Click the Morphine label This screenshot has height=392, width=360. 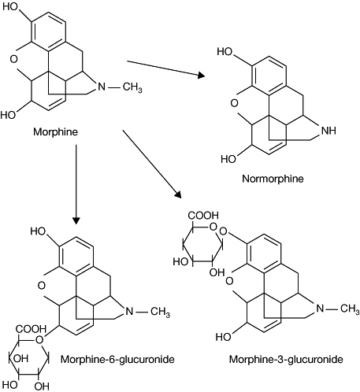click(x=55, y=131)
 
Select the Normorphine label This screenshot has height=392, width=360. click(x=273, y=179)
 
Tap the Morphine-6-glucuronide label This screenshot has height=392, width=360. click(x=117, y=359)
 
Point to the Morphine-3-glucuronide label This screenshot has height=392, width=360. click(x=286, y=359)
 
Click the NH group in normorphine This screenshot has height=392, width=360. click(x=328, y=131)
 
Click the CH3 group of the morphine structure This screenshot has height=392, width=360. click(x=132, y=87)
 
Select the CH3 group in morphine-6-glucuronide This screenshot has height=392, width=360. click(x=160, y=312)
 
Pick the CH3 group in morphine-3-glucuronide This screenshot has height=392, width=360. click(x=350, y=309)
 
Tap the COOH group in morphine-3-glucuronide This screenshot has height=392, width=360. click(x=203, y=216)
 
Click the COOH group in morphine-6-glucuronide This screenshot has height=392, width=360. click(x=31, y=329)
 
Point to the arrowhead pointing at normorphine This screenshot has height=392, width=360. click(x=202, y=76)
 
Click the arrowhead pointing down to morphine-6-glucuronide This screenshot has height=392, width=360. click(x=76, y=220)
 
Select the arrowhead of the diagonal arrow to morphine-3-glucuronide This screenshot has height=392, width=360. click(x=179, y=194)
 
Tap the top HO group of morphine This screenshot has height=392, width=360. click(x=10, y=7)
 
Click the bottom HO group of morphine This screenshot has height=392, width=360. click(x=8, y=115)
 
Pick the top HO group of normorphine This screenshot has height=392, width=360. click(x=225, y=52)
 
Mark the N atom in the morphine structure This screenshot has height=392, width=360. click(x=102, y=87)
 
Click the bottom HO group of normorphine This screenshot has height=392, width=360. click(x=228, y=159)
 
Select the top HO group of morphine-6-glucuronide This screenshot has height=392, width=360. click(x=38, y=231)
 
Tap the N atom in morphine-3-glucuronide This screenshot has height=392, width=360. click(x=320, y=308)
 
